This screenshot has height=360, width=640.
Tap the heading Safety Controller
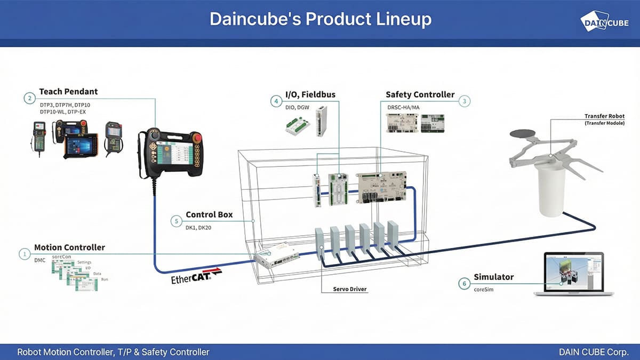point(420,94)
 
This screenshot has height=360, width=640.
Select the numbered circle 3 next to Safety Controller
point(465,101)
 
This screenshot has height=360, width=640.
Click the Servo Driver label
point(350,289)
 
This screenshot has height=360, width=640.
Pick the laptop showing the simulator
point(570,274)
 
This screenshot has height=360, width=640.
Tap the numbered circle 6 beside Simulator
point(464,283)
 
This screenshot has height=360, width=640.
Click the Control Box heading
point(209,215)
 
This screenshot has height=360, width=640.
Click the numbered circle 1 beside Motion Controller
point(24,254)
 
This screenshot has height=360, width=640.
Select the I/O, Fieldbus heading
point(303,94)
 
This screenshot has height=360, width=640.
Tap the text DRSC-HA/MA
point(403,107)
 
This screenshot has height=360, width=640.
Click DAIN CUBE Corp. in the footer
point(594,352)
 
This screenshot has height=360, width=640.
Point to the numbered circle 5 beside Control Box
point(176,221)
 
